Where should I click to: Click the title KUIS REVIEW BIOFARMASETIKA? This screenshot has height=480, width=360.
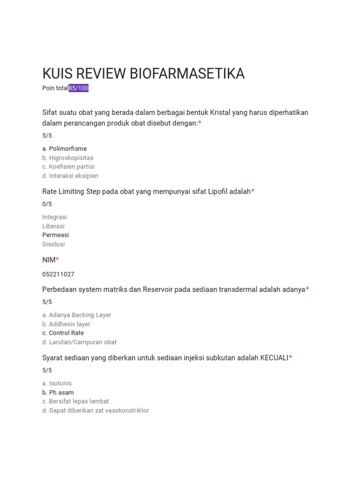pyautogui.click(x=143, y=74)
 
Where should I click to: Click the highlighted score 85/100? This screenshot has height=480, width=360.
pyautogui.click(x=79, y=88)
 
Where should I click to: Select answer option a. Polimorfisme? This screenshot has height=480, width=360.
pyautogui.click(x=65, y=149)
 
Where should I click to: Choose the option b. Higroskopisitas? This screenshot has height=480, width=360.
pyautogui.click(x=68, y=158)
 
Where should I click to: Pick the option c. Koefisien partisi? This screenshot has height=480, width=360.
pyautogui.click(x=68, y=166)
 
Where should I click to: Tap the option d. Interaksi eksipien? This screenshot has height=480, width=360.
pyautogui.click(x=70, y=176)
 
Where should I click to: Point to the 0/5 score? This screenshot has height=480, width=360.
pyautogui.click(x=47, y=204)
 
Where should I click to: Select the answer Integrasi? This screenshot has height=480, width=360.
pyautogui.click(x=54, y=217)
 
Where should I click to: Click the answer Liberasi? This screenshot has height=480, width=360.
pyautogui.click(x=53, y=226)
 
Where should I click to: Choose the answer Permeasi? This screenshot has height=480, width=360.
pyautogui.click(x=55, y=235)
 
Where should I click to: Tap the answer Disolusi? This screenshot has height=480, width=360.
pyautogui.click(x=53, y=244)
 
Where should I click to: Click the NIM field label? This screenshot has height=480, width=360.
pyautogui.click(x=49, y=260)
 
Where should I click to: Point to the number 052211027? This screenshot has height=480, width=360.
pyautogui.click(x=58, y=274)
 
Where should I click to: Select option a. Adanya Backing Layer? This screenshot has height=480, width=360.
pyautogui.click(x=77, y=315)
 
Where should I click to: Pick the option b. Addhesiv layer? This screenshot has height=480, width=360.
pyautogui.click(x=66, y=324)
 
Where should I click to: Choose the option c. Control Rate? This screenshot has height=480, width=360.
pyautogui.click(x=63, y=333)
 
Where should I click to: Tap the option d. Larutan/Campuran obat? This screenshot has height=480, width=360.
pyautogui.click(x=80, y=342)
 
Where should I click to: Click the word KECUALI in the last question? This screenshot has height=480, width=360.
pyautogui.click(x=274, y=358)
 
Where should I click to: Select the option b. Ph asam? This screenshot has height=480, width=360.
pyautogui.click(x=58, y=392)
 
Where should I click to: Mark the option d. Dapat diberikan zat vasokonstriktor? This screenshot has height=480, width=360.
pyautogui.click(x=96, y=411)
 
